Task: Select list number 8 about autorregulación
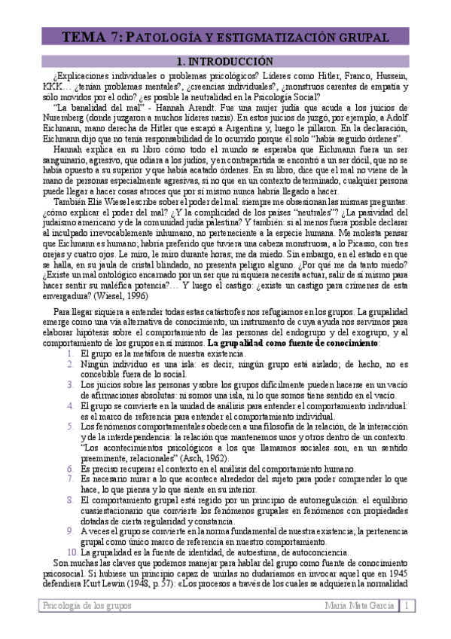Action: tap(69, 499)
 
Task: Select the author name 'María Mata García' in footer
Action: tap(359, 606)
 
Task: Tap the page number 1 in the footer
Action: tap(407, 606)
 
